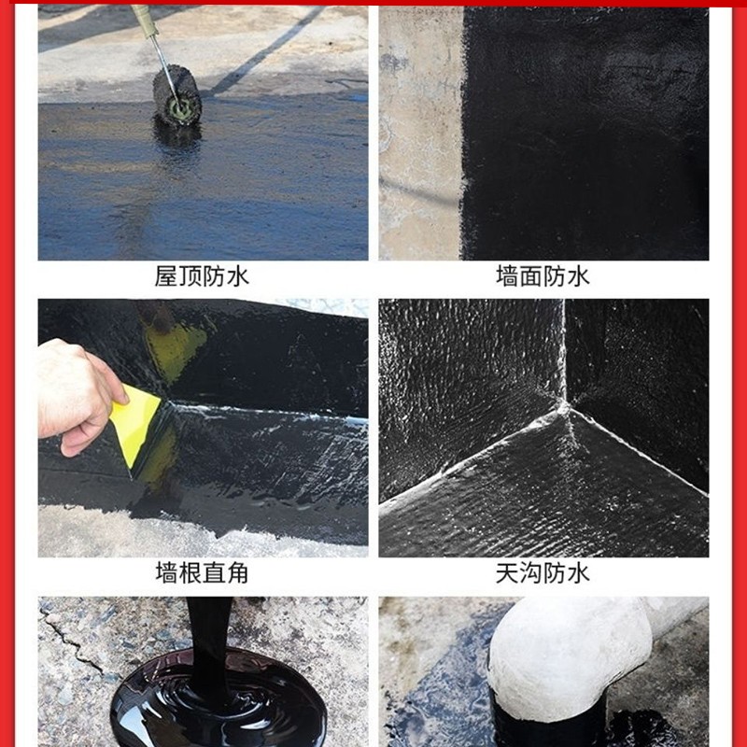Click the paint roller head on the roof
tap(177, 95)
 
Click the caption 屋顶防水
tap(203, 276)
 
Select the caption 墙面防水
tap(543, 276)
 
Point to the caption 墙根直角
tap(203, 572)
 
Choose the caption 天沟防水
tap(543, 572)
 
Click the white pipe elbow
tap(560, 654)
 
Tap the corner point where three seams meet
tap(564, 407)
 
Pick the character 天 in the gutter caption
tap(507, 572)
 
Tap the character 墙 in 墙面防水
tap(507, 276)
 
